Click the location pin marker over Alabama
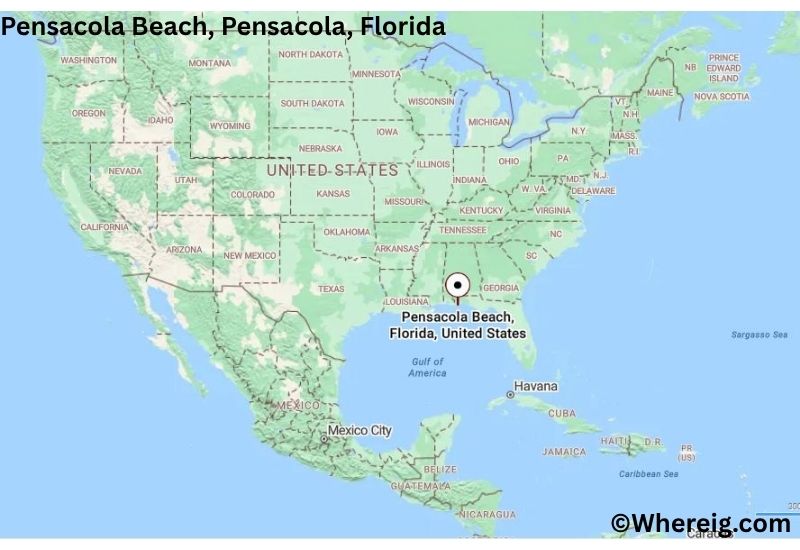click(x=458, y=285)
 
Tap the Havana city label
click(x=535, y=386)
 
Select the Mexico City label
click(x=360, y=431)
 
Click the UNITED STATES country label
click(x=332, y=171)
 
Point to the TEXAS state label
click(x=330, y=289)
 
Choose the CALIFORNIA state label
click(x=104, y=228)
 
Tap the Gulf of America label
click(x=427, y=367)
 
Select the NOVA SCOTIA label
click(x=721, y=97)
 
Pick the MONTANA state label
click(x=209, y=63)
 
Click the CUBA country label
click(x=562, y=413)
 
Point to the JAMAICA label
click(x=564, y=452)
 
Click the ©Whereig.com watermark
click(x=701, y=522)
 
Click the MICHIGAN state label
click(x=489, y=122)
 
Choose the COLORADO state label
click(x=252, y=194)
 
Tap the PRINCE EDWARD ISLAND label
click(x=724, y=68)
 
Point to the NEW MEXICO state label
click(x=249, y=256)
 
